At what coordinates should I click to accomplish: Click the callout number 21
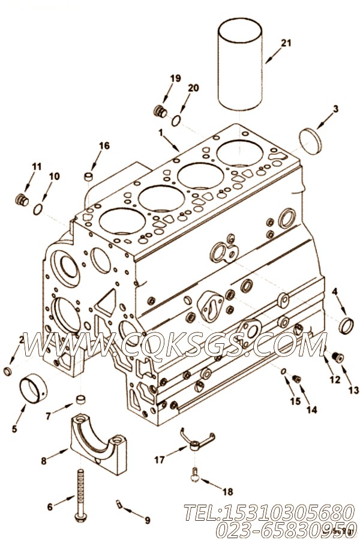286,43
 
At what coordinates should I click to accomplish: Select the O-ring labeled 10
38,209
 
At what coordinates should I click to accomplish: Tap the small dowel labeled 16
88,177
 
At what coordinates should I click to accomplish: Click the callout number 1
161,131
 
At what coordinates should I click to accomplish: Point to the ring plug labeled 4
346,326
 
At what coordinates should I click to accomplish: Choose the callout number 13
353,390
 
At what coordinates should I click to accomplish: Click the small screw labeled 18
194,474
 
